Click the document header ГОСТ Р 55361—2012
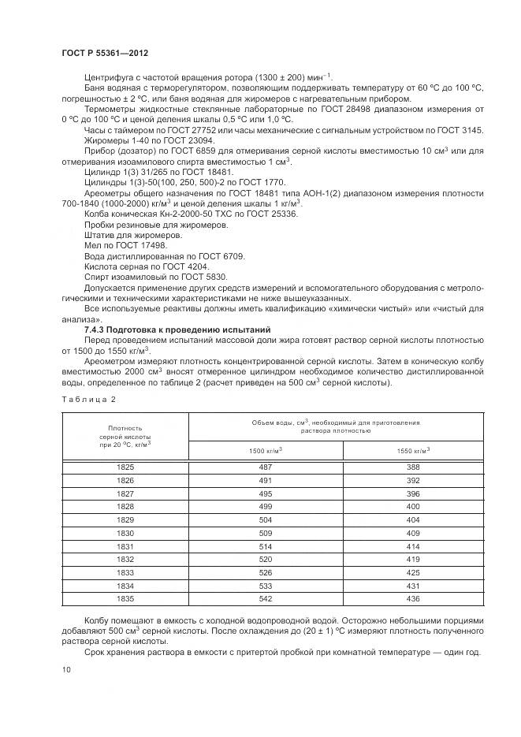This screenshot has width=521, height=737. tap(104, 52)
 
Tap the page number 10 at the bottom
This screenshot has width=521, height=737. tap(65, 669)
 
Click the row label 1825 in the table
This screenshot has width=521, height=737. tap(125, 467)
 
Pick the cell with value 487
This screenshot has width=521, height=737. tap(266, 467)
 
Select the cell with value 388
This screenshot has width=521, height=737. tap(413, 467)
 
